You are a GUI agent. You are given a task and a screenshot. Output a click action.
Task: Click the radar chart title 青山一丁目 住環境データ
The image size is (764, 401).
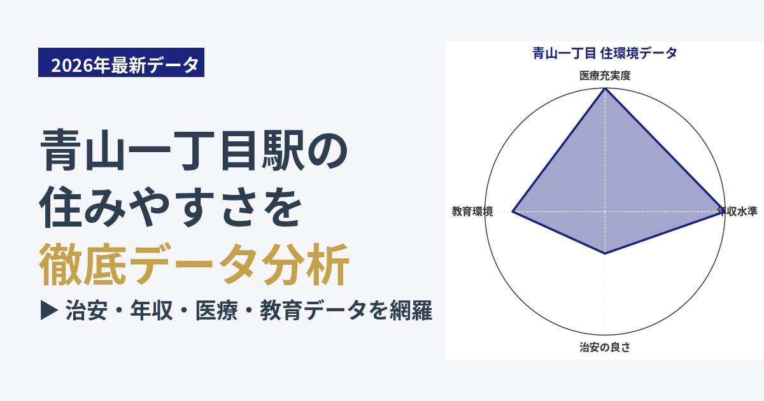pos(605,53)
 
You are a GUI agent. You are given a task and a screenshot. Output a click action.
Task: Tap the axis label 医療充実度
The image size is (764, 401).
pos(605,75)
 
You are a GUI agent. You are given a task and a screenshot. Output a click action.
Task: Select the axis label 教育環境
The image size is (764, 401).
pos(472,211)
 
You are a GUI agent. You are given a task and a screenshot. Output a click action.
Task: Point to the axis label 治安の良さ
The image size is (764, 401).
pos(605,347)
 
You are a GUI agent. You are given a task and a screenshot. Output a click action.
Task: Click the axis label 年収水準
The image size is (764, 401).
pos(737,211)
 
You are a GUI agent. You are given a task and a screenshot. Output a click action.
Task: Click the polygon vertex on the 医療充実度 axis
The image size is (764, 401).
pos(605,88)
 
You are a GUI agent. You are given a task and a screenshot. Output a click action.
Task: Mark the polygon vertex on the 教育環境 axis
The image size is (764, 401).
pos(513,212)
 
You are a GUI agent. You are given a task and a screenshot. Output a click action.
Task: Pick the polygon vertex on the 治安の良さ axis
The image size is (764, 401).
pos(605,253)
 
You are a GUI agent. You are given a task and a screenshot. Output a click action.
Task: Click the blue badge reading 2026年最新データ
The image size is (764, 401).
pos(121,62)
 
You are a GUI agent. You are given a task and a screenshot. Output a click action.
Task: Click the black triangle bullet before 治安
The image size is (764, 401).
pos(49,311)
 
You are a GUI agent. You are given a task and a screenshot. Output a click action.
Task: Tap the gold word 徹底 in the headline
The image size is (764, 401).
pos(83,264)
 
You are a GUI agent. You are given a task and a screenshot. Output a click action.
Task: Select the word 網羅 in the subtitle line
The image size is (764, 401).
pos(411,311)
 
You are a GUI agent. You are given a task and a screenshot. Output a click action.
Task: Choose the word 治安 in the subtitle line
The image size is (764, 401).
pos(87,311)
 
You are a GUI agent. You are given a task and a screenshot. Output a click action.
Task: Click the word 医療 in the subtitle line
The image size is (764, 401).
pos(216,311)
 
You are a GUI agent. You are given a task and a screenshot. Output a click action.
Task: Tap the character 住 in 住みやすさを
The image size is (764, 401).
pos(61,207)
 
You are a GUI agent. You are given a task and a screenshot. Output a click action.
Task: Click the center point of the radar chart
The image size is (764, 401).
pos(605,212)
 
